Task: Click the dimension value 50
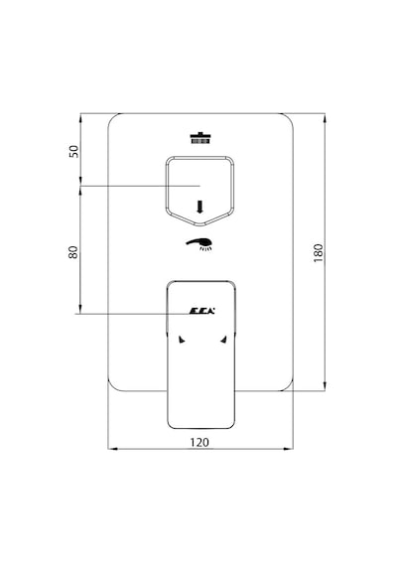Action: point(73,151)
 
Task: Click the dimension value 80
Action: point(73,252)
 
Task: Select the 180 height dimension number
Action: point(319,252)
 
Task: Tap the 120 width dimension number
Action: point(199,442)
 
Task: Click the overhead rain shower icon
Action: point(200,138)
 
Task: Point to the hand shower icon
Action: point(199,244)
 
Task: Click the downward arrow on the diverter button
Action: point(199,207)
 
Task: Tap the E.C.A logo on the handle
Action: point(202,311)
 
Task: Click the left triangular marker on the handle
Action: point(182,340)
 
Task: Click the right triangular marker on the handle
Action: point(223,340)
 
